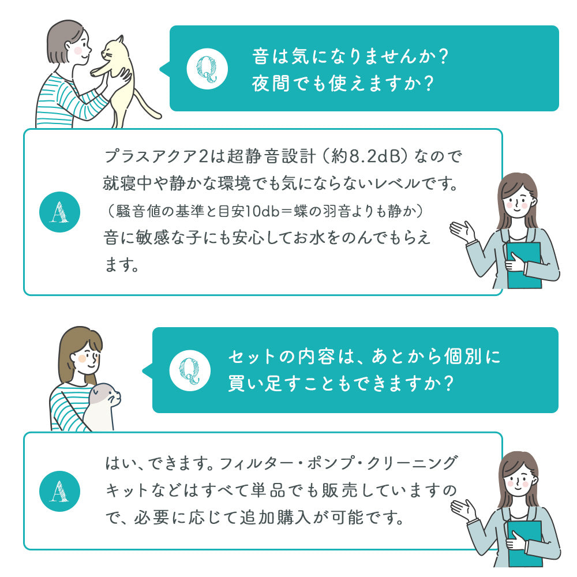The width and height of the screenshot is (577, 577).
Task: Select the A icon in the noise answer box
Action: pos(59,212)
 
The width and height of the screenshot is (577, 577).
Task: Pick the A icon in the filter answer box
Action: pos(59,490)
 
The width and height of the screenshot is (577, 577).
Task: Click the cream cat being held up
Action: pos(115,75)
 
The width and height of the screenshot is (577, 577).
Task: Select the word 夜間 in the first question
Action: pos(269,84)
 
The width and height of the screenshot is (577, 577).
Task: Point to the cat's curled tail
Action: pos(144,110)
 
